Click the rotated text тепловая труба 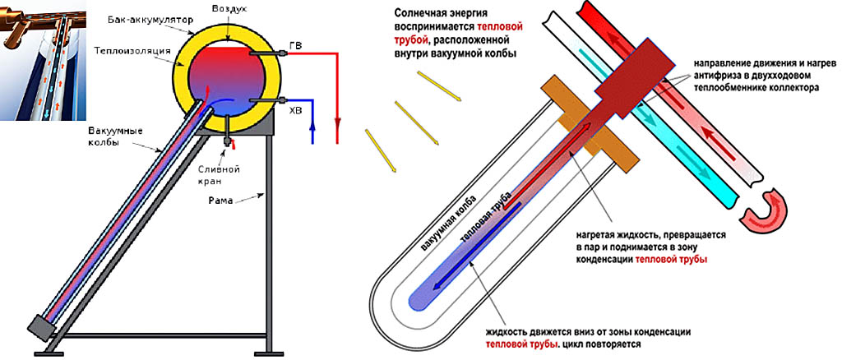click(x=487, y=216)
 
